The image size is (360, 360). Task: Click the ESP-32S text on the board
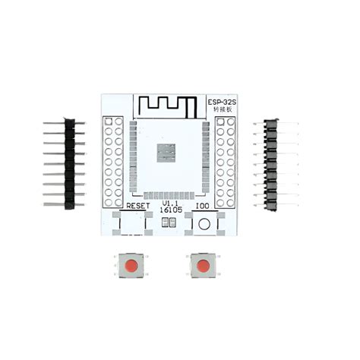pyautogui.click(x=220, y=101)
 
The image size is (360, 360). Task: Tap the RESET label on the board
pyautogui.click(x=139, y=206)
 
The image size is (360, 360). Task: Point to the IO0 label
pyautogui.click(x=202, y=206)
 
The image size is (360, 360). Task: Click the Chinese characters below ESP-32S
pyautogui.click(x=219, y=111)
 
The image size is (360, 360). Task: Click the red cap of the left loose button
pyautogui.click(x=131, y=266)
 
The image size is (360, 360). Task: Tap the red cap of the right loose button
pyautogui.click(x=202, y=266)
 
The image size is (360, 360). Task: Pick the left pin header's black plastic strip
pyautogui.click(x=69, y=163)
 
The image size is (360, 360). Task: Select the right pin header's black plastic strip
pyautogui.click(x=270, y=163)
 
